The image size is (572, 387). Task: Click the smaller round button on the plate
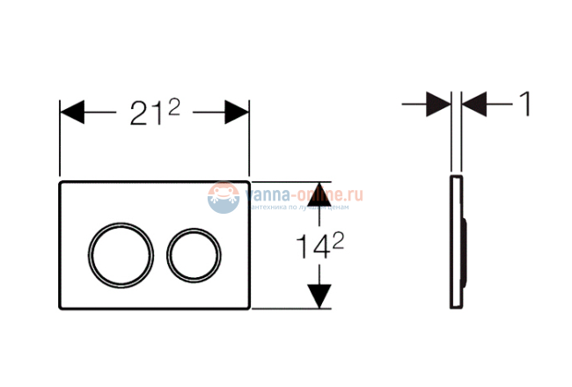[193, 247]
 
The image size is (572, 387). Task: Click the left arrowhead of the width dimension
[72, 113]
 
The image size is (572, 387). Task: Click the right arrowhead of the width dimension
[236, 113]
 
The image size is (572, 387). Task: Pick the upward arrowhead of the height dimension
[321, 187]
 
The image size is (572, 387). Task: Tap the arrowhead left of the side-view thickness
[438, 105]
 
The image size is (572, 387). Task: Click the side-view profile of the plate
[453, 242]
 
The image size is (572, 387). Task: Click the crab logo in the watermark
[224, 197]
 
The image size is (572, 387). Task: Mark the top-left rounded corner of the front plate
[62, 185]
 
